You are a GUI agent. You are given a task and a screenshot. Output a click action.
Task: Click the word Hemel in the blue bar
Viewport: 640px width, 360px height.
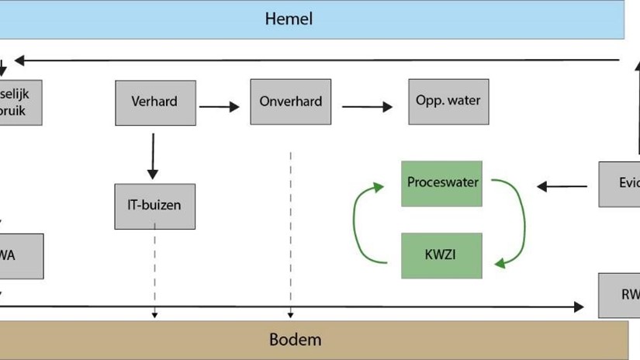tap(289, 19)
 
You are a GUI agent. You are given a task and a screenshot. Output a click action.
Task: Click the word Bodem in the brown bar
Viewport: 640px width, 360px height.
tap(295, 339)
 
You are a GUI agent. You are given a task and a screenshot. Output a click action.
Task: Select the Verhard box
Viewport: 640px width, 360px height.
tap(155, 102)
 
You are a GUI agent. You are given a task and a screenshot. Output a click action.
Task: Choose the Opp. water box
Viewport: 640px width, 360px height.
tap(448, 102)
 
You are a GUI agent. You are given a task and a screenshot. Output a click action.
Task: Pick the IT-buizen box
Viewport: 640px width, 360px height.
tap(154, 206)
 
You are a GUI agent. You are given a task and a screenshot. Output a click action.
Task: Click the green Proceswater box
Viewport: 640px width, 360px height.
tap(441, 183)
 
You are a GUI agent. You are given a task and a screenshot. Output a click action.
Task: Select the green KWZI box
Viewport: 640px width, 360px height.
tap(441, 255)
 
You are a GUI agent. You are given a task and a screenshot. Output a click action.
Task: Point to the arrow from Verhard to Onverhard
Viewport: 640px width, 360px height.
tap(220, 107)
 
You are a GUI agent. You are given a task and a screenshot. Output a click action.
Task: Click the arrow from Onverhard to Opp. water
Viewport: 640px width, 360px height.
tap(367, 107)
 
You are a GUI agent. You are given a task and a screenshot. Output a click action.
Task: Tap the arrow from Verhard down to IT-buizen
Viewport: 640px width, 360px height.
tap(153, 156)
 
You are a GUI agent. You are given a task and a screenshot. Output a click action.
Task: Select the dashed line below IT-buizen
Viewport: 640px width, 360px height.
tap(154, 272)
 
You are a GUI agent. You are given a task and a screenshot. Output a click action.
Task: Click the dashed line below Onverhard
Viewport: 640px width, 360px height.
tap(291, 233)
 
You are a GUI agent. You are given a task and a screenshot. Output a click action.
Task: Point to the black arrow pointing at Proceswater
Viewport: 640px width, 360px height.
tap(562, 186)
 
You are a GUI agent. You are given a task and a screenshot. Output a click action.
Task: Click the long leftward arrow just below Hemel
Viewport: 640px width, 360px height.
tap(310, 60)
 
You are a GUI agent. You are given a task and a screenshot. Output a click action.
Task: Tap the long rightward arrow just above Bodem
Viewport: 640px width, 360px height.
tap(310, 307)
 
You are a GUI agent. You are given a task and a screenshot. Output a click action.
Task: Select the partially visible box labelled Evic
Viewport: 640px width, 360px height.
tap(619, 184)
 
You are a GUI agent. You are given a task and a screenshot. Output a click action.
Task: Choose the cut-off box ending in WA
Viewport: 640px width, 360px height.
tap(21, 256)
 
